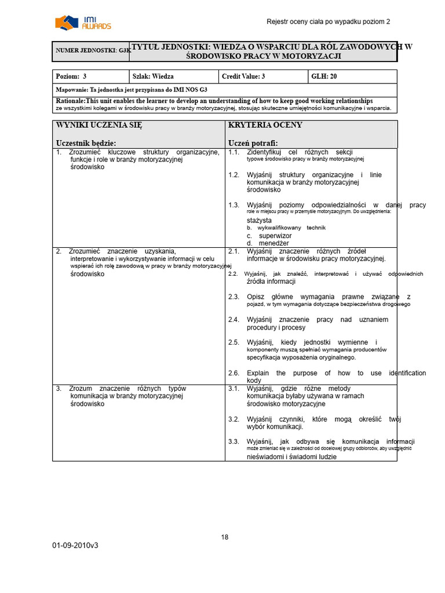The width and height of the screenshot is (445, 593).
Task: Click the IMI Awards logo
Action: pyautogui.click(x=83, y=23)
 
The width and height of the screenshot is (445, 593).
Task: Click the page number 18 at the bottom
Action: pyautogui.click(x=225, y=537)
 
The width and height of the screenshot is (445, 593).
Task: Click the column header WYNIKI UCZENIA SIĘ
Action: pyautogui.click(x=99, y=125)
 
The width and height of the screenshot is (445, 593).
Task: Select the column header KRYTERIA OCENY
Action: pyautogui.click(x=265, y=125)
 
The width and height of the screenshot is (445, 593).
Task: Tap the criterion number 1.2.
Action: pyautogui.click(x=234, y=175)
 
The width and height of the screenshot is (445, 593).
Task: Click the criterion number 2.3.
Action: pyautogui.click(x=234, y=297)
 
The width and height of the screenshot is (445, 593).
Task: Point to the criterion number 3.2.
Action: pyautogui.click(x=234, y=419)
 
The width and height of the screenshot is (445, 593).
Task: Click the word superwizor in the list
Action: pyautogui.click(x=275, y=236)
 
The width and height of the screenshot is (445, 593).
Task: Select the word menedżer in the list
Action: pyautogui.click(x=274, y=243)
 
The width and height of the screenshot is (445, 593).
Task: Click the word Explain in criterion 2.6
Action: pyautogui.click(x=258, y=373)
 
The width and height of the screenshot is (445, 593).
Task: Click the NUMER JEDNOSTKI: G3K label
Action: pyautogui.click(x=93, y=51)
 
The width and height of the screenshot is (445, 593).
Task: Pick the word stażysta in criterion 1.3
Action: pyautogui.click(x=259, y=221)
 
